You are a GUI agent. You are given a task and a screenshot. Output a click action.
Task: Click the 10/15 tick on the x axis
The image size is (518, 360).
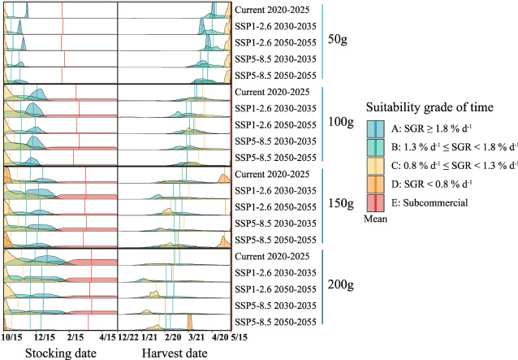(11, 336)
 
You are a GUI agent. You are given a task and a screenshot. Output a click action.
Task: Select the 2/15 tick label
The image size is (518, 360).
(76, 336)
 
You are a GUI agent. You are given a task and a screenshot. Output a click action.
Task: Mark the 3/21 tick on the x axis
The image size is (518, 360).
(196, 336)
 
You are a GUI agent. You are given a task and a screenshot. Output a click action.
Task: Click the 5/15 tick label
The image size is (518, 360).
(239, 336)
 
